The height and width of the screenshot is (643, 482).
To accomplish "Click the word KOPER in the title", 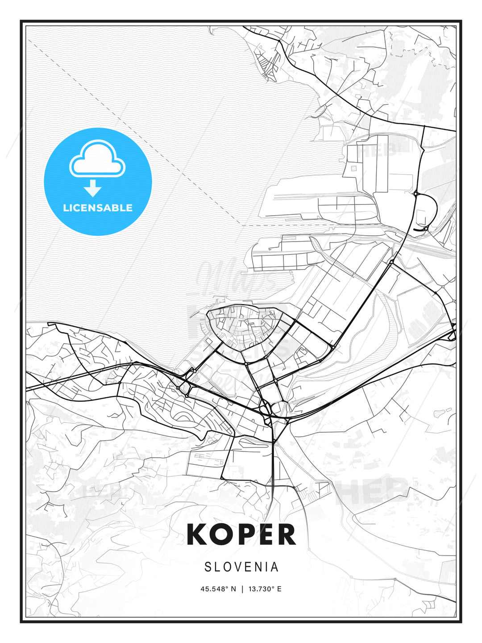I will click(x=241, y=534).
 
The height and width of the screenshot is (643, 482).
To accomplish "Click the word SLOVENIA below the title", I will click(x=241, y=567).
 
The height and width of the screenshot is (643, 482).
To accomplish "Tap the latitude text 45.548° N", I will click(x=218, y=589).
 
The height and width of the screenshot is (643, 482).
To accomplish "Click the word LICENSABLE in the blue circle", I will click(x=98, y=208).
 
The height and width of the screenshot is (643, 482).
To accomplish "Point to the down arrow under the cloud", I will click(x=93, y=188).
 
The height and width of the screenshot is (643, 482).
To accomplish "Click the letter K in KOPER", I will click(x=197, y=534).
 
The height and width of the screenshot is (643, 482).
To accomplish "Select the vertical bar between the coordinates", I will click(x=242, y=589).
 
